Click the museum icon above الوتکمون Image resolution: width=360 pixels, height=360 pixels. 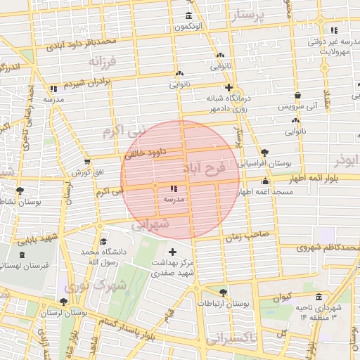point(188,16)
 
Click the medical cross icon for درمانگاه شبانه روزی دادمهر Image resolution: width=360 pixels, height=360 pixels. point(229,87)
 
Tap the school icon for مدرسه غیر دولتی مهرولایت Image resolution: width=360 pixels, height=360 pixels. point(333,30)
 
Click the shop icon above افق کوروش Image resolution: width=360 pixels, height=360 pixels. point(87,162)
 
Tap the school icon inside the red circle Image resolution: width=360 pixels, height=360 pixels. point(174,188)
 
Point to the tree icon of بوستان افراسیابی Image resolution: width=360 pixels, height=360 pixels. point(264,152)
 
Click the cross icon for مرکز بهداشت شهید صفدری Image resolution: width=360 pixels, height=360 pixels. point(173,251)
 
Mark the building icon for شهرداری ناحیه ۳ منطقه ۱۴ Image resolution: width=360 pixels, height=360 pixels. point(319,297)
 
